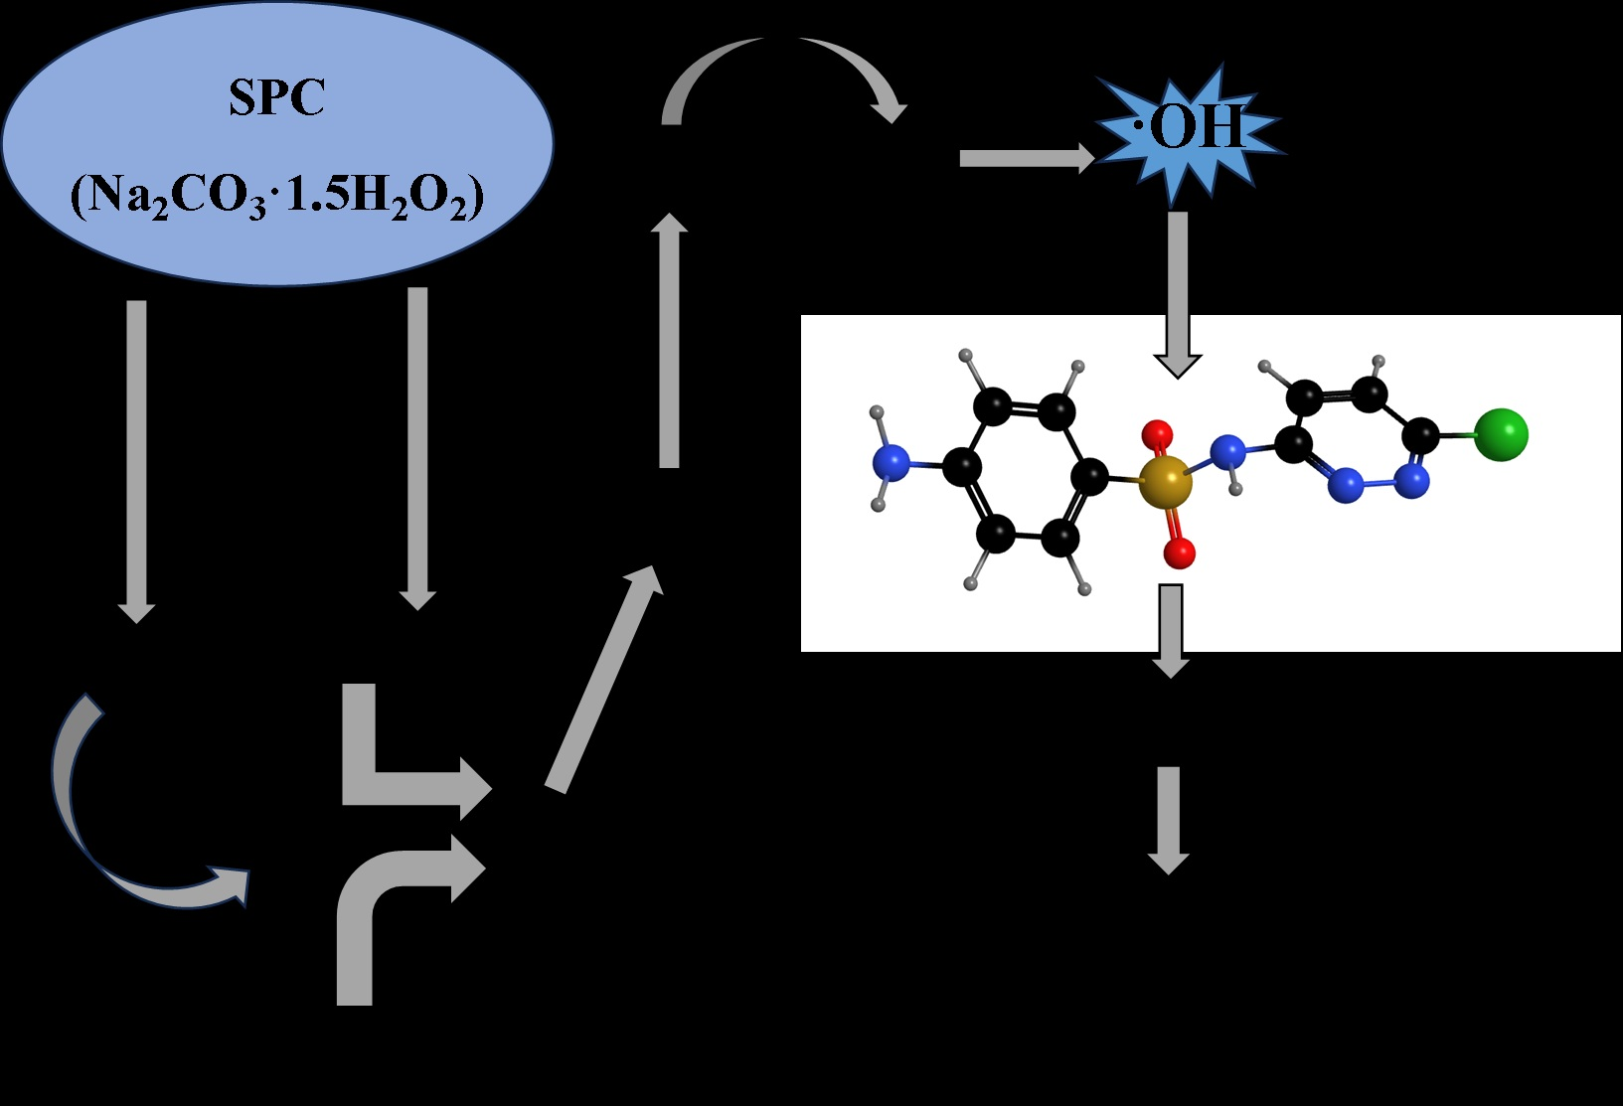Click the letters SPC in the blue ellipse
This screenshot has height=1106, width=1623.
coord(276,98)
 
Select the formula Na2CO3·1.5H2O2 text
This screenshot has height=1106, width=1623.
coord(276,196)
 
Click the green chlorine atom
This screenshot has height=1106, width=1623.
coord(1500,434)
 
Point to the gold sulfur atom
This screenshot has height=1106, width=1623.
coord(1165,482)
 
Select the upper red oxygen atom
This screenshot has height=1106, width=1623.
coord(1158,433)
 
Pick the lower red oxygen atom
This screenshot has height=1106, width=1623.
coord(1179,553)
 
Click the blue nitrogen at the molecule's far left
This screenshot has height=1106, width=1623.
coord(891,462)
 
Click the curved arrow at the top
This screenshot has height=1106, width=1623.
coord(785,75)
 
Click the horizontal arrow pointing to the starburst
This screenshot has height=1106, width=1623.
coord(1024,158)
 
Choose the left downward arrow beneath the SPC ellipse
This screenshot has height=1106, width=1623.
coord(136,457)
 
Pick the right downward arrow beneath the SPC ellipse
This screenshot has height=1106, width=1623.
coord(417,447)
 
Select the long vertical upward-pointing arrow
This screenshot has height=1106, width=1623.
coord(669,338)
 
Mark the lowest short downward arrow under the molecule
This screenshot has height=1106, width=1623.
coord(1169,819)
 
